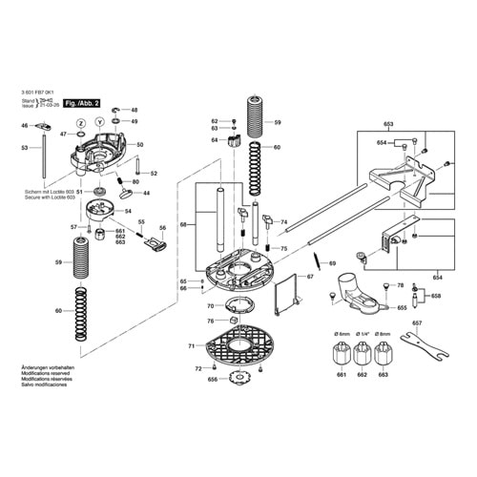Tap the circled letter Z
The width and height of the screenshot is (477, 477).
80,123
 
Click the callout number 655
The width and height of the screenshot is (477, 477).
402,308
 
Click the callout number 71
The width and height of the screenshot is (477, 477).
191,345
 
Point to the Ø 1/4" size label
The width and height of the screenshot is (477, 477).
362,333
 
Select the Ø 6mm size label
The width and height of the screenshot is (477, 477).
339,333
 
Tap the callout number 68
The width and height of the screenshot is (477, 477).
183,225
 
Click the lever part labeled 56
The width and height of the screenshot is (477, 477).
155,245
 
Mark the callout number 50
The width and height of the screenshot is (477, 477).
139,145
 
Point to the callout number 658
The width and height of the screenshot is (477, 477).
435,298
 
